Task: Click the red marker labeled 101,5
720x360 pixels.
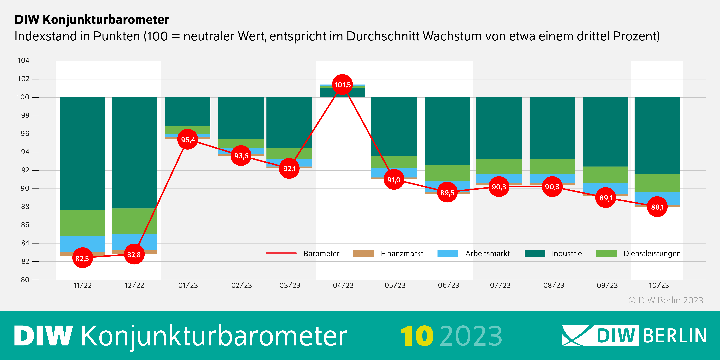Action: pyautogui.click(x=342, y=85)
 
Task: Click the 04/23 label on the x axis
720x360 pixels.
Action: pyautogui.click(x=343, y=285)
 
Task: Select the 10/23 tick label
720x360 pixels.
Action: pyautogui.click(x=659, y=285)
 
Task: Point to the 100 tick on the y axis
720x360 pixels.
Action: pyautogui.click(x=23, y=97)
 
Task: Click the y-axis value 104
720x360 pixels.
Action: pyautogui.click(x=23, y=61)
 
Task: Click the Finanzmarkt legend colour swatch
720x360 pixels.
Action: pyautogui.click(x=363, y=253)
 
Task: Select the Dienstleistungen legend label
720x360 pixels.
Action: pyautogui.click(x=652, y=253)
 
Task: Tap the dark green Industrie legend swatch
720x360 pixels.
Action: pyautogui.click(x=535, y=253)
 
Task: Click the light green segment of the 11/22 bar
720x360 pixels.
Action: pyautogui.click(x=83, y=223)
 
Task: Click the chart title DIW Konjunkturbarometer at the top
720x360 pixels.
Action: pyautogui.click(x=92, y=20)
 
